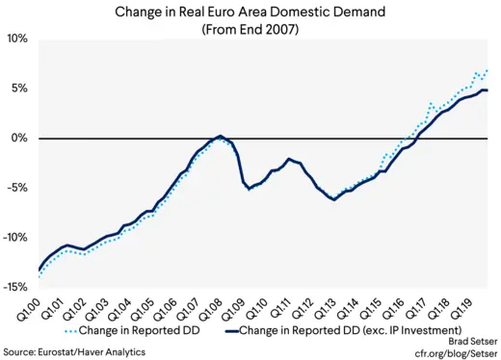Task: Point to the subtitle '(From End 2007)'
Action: tap(250, 29)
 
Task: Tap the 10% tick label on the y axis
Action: tap(18, 39)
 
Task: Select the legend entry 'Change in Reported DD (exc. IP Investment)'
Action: tap(356, 333)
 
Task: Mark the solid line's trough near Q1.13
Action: tap(333, 199)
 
